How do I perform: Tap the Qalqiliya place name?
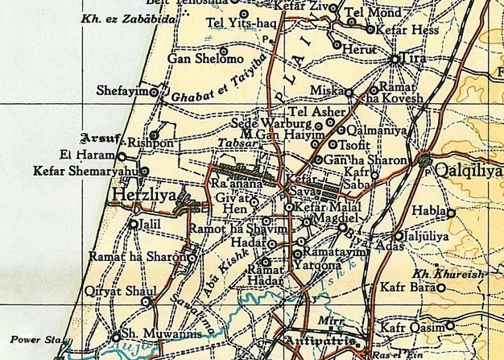point(467,171)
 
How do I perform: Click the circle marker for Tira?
point(395,59)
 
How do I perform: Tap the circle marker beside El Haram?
point(122,156)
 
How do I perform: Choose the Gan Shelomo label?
point(194,58)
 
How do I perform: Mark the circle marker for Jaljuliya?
point(399,236)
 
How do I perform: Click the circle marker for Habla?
point(451,213)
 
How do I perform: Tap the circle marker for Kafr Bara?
point(441,286)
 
